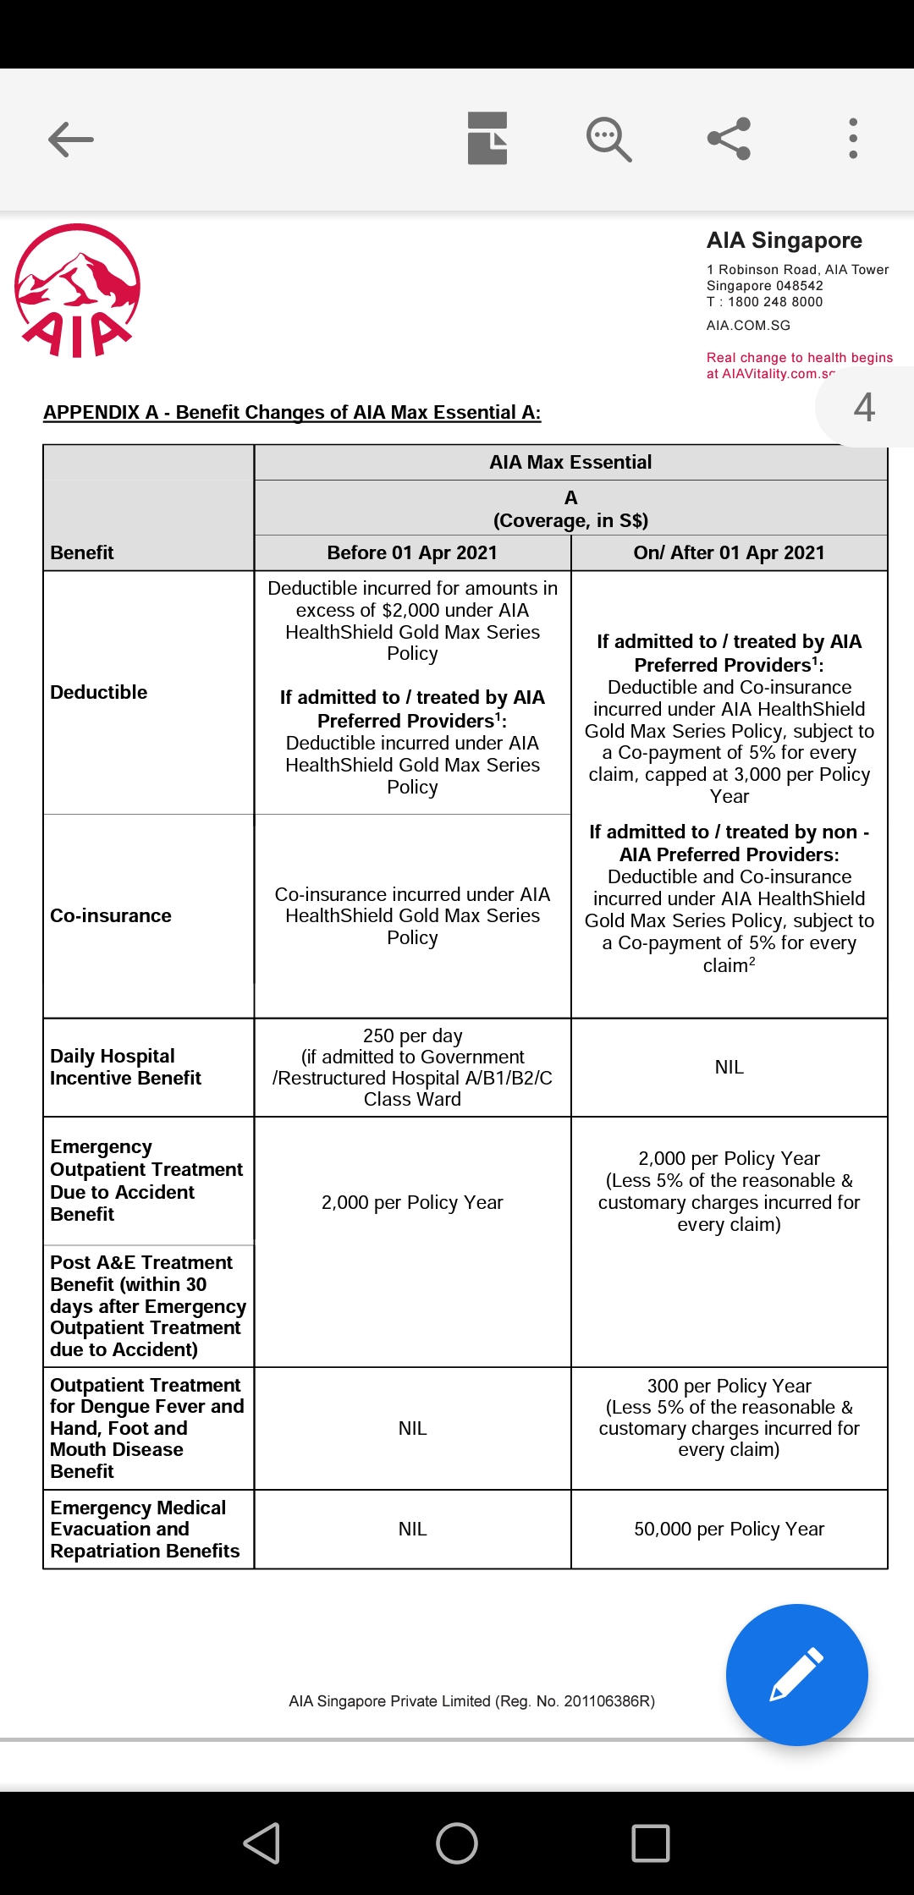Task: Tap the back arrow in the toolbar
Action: pos(71,140)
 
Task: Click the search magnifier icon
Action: pos(608,139)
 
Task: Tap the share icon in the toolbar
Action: pos(730,139)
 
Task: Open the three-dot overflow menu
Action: pos(853,139)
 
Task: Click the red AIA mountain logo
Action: pos(77,290)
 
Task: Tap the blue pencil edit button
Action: pos(796,1674)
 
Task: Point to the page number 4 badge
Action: pos(864,407)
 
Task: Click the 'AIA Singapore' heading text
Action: pos(784,240)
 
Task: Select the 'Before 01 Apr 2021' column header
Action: pos(412,552)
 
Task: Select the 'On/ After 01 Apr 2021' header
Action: pos(729,552)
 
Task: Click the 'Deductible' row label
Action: pos(99,692)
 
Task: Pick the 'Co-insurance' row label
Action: pos(111,915)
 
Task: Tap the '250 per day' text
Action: pos(412,1035)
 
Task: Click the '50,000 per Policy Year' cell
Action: pos(729,1529)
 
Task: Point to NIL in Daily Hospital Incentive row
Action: pos(729,1067)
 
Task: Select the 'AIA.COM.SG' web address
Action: pos(748,326)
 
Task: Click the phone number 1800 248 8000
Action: pos(774,302)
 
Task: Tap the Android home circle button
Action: pos(457,1843)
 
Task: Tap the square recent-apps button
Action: pos(651,1843)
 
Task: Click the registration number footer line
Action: pos(471,1700)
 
